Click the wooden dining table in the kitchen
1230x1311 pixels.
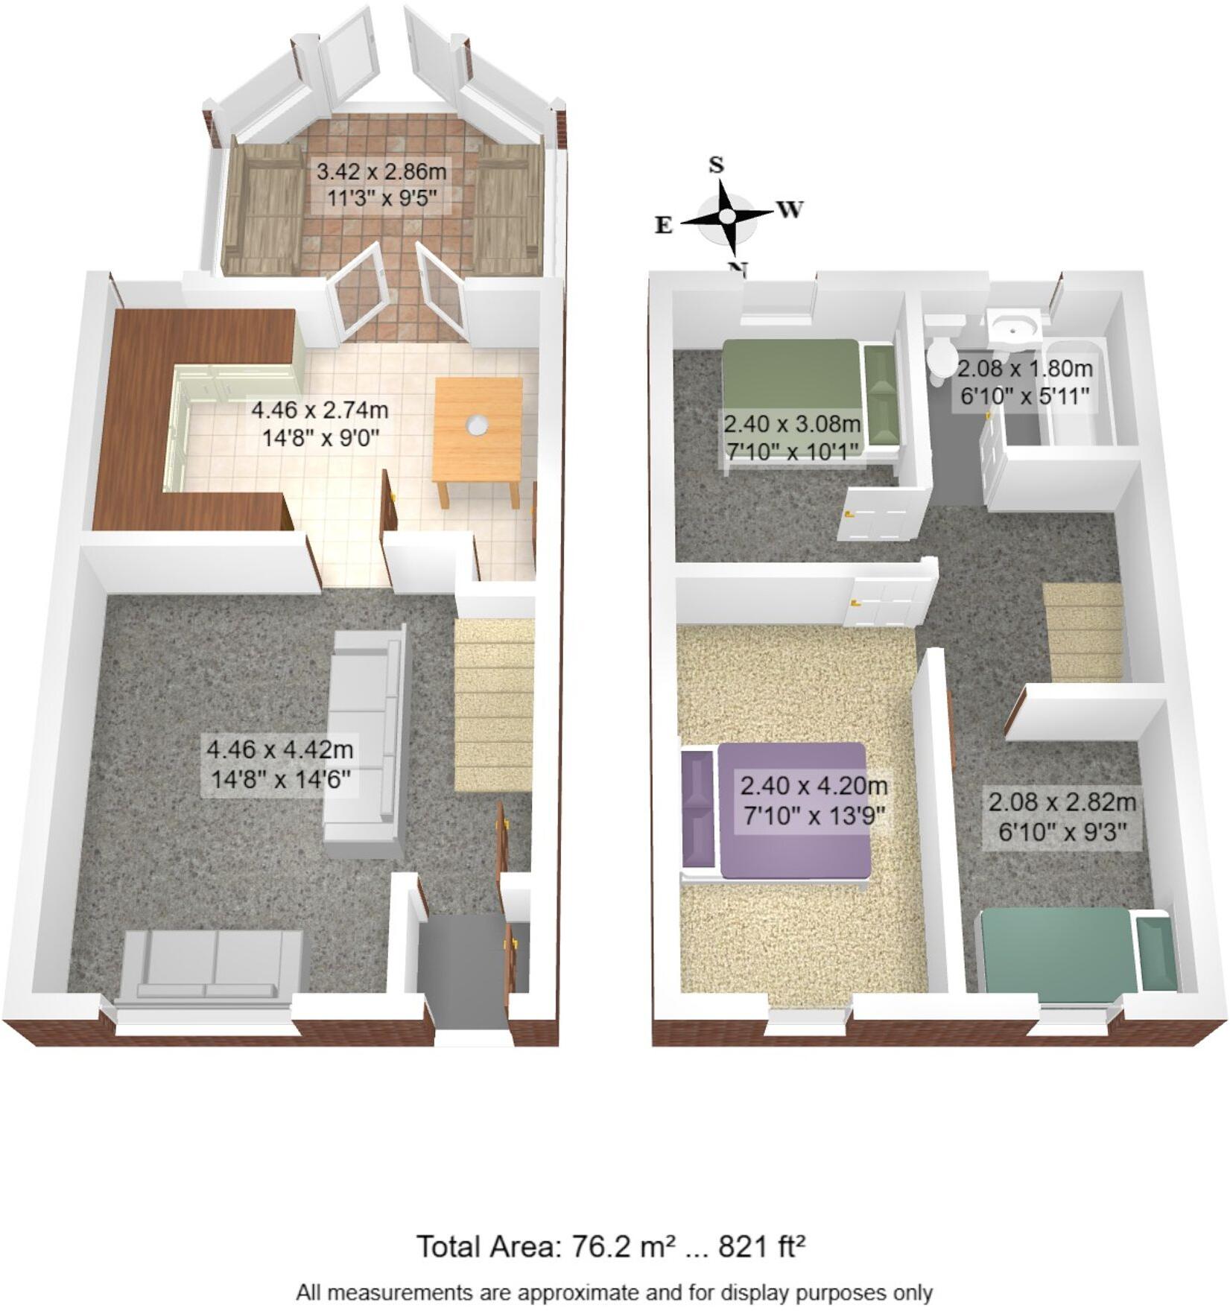coord(478,432)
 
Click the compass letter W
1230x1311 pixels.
coord(790,209)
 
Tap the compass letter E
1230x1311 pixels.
coord(663,225)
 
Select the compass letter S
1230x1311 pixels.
coord(716,165)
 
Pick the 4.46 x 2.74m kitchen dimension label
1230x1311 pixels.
coord(320,422)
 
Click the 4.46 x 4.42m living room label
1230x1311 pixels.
coord(280,763)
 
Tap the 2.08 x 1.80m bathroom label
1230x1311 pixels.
coord(1024,381)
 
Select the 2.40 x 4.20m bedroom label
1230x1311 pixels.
coord(814,799)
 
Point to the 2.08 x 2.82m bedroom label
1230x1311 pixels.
coord(1061,816)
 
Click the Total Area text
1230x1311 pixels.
coord(610,1245)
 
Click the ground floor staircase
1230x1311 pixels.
coord(494,704)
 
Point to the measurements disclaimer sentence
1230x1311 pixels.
coord(614,1292)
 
